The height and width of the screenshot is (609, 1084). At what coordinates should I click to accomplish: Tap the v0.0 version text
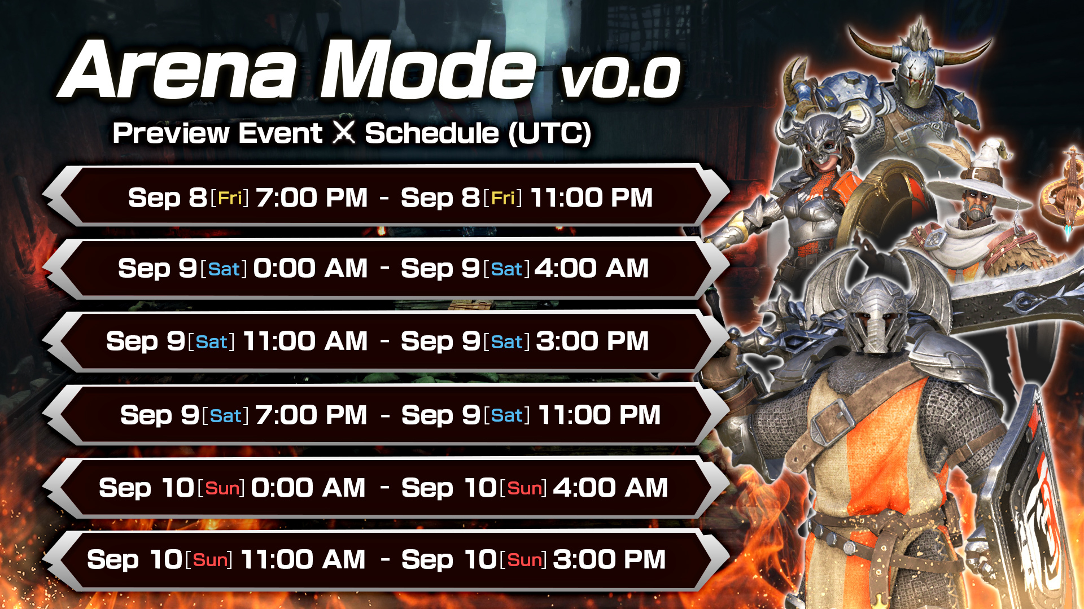point(620,77)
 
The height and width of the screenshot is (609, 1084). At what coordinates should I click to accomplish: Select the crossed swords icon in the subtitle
point(343,133)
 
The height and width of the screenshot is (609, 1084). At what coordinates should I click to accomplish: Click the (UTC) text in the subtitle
point(549,134)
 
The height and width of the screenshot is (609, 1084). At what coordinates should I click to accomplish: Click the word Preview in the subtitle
point(171,134)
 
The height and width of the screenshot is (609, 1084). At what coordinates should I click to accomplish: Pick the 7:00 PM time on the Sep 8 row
point(311,198)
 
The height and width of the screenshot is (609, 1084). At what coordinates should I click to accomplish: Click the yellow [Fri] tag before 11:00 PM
point(502,198)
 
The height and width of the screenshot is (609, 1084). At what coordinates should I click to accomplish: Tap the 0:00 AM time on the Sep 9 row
point(310,269)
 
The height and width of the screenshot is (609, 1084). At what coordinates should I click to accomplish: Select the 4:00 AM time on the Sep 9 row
point(591,269)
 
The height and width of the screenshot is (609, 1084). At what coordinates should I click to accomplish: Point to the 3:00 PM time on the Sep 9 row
point(592,341)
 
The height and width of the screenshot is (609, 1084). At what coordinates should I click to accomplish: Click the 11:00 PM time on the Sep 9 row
point(599,415)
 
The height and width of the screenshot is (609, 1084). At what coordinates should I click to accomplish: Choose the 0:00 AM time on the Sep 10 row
point(308,488)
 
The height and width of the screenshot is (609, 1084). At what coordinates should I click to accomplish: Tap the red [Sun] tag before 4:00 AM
point(523,488)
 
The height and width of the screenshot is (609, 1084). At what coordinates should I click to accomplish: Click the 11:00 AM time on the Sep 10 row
point(303,560)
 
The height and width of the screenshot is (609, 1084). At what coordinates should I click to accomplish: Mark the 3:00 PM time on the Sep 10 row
point(609,560)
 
